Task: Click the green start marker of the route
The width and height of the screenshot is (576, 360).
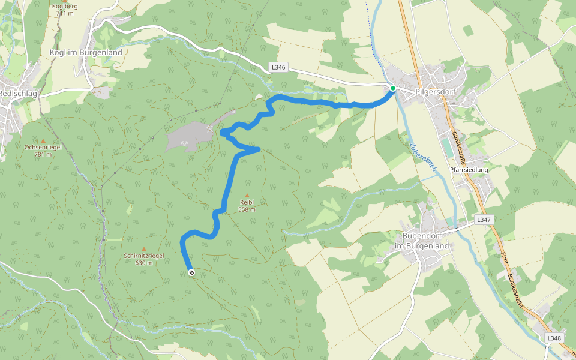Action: click(x=393, y=88)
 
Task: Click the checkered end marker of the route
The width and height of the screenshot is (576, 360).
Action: click(x=191, y=273)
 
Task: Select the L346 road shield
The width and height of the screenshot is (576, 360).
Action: click(x=278, y=68)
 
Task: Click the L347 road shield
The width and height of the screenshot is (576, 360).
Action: click(x=484, y=220)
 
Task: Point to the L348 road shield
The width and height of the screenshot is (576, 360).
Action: click(x=554, y=338)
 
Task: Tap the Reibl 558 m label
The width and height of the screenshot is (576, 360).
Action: click(x=247, y=206)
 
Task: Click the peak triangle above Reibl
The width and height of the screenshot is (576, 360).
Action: click(x=247, y=196)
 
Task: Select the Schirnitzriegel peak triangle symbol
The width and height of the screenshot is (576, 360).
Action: click(x=143, y=248)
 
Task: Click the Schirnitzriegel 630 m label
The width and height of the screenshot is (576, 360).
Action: click(x=143, y=259)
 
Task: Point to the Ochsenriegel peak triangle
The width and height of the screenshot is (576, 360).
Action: click(x=43, y=141)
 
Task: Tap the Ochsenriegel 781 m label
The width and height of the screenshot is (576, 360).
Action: click(x=43, y=151)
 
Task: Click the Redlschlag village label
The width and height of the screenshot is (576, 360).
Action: click(x=18, y=93)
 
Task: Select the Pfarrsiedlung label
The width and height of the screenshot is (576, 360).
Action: click(x=469, y=170)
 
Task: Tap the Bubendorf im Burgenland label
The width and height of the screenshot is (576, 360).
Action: click(x=422, y=242)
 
